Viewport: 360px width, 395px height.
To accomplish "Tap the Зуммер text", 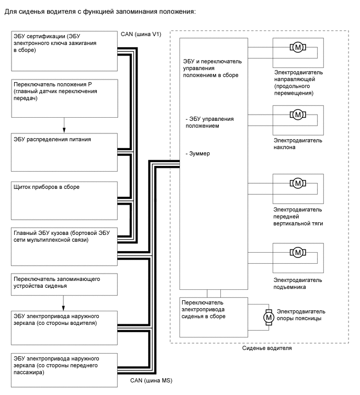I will [x=198, y=154].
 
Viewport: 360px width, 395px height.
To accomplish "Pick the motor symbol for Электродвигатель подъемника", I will [x=298, y=253].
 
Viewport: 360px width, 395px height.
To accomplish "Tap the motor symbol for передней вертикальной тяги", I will [x=298, y=183].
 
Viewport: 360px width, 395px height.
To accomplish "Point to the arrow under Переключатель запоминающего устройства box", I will [x=64, y=303].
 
